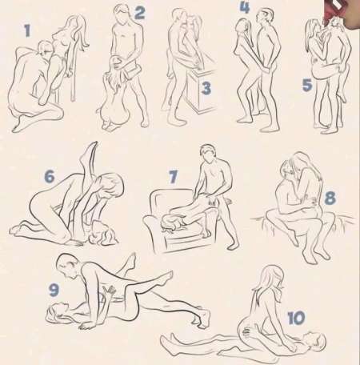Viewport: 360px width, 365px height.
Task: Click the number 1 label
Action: pyautogui.click(x=27, y=30)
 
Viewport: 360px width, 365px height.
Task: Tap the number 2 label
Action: pyautogui.click(x=140, y=13)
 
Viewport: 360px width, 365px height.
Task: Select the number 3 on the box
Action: pyautogui.click(x=206, y=88)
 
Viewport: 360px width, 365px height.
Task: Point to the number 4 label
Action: pyautogui.click(x=245, y=7)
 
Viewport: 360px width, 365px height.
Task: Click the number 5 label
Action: pyautogui.click(x=307, y=85)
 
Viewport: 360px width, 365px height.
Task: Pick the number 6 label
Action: pyautogui.click(x=50, y=176)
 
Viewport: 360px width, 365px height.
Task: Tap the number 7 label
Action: pyautogui.click(x=173, y=177)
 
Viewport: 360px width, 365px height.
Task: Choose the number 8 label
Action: pyautogui.click(x=330, y=199)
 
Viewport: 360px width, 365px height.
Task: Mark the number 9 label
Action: pyautogui.click(x=54, y=290)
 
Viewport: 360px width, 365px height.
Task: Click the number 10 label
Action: pyautogui.click(x=296, y=318)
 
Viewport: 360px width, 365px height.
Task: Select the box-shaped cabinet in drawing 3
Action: pyautogui.click(x=202, y=90)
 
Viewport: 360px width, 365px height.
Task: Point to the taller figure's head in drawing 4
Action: pyautogui.click(x=265, y=17)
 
